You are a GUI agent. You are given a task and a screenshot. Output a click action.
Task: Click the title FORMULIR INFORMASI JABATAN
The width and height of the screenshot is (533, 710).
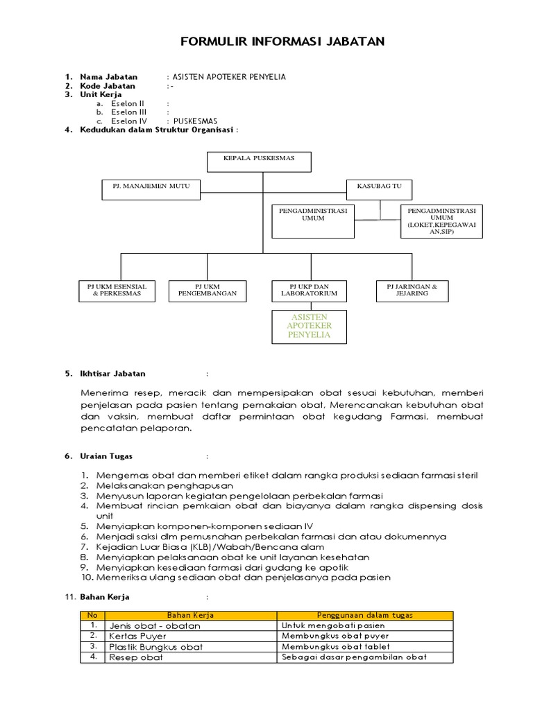coord(282,42)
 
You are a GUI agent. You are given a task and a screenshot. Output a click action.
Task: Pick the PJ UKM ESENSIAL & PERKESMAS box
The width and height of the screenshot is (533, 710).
coord(117,291)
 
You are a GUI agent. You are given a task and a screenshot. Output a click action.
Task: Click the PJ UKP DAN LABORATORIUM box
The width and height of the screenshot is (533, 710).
coord(309,291)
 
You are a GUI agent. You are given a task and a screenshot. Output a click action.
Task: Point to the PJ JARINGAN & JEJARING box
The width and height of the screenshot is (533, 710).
coord(412,291)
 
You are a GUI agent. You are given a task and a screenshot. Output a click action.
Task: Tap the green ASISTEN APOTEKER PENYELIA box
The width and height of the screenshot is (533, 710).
coord(309,326)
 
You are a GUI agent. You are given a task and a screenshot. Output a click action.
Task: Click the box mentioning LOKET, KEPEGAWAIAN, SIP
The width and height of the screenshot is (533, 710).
coord(441,221)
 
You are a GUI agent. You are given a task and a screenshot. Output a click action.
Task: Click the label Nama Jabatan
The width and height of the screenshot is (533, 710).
coord(109,76)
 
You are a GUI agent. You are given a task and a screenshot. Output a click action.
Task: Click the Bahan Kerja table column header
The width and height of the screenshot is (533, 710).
coord(190,615)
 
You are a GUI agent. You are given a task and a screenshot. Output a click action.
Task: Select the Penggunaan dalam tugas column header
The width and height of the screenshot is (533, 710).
coord(364,615)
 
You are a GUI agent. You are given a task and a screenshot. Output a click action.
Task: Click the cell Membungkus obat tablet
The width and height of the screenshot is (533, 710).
coord(335,646)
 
